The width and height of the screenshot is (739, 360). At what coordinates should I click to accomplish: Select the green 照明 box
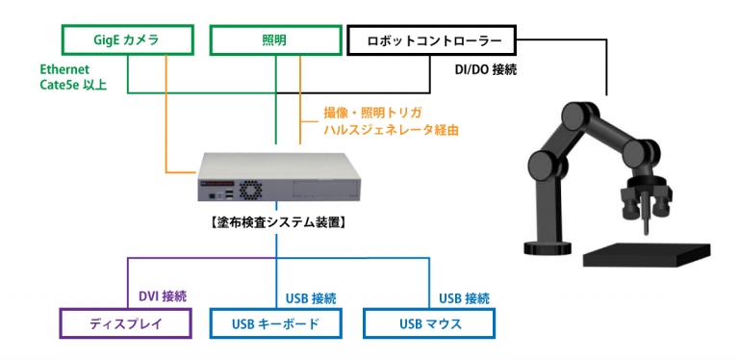(x=275, y=39)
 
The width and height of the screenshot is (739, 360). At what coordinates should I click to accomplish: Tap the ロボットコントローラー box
(x=430, y=39)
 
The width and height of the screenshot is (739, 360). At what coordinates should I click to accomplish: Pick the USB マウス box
(x=430, y=323)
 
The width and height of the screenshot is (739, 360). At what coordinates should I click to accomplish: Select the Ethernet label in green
(x=65, y=70)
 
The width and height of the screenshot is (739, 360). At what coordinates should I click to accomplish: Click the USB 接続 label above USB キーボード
(x=311, y=296)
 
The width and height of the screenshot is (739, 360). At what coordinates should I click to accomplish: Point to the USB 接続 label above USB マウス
(x=464, y=296)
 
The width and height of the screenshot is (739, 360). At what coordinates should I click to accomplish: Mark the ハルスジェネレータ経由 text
(x=390, y=129)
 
